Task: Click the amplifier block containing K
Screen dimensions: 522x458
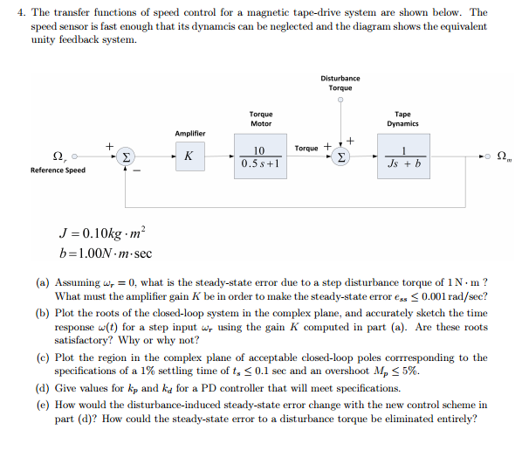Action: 189,157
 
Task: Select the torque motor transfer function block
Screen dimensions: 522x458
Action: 259,157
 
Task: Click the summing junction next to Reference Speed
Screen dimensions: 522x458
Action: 127,157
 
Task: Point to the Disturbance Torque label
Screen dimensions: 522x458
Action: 340,83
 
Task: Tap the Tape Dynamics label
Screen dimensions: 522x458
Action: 402,118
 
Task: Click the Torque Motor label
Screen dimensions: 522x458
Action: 260,118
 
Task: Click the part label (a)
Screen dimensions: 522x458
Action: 43,284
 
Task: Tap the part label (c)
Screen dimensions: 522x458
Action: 43,357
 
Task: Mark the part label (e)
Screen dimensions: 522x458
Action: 43,405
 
